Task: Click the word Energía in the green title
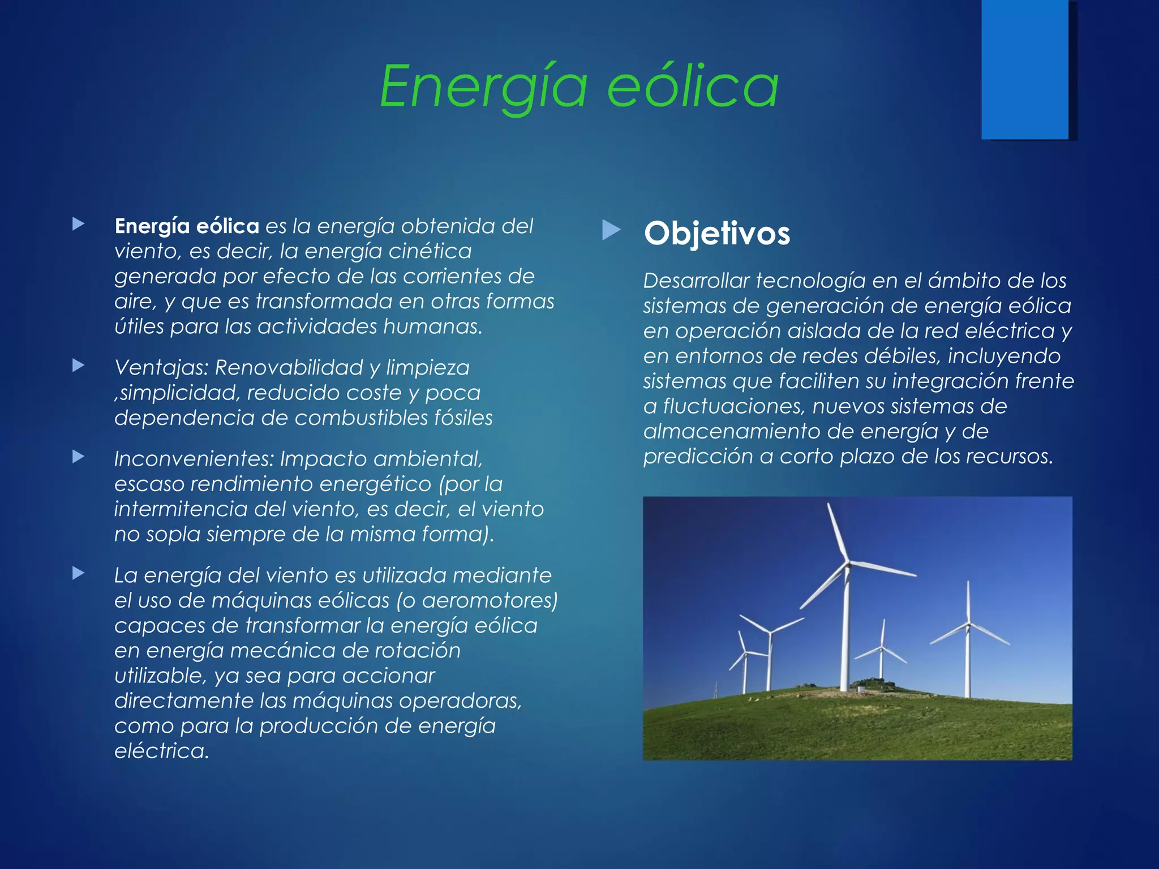point(483,86)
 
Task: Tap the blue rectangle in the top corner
point(1024,69)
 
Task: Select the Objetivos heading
point(716,233)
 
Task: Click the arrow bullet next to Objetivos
point(611,230)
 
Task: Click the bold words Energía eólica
point(187,226)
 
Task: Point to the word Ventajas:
point(162,368)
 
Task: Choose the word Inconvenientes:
point(194,459)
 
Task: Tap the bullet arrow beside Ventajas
point(79,365)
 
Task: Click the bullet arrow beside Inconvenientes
point(79,457)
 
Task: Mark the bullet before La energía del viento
point(79,573)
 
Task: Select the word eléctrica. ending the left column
point(161,751)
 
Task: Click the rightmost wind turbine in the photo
point(968,639)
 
